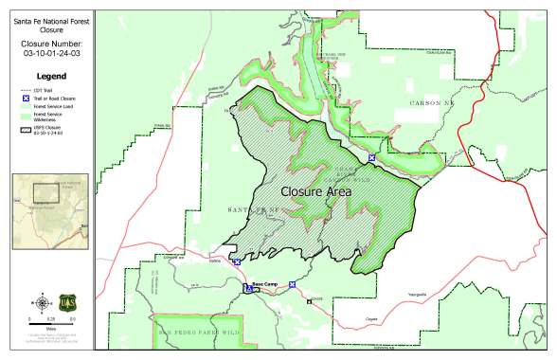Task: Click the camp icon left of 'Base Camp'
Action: pyautogui.click(x=249, y=288)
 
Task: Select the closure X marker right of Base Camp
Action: pyautogui.click(x=293, y=284)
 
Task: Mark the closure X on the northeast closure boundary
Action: pyautogui.click(x=371, y=157)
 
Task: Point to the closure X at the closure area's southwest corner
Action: pyautogui.click(x=237, y=262)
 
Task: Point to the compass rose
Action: pyautogui.click(x=42, y=303)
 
